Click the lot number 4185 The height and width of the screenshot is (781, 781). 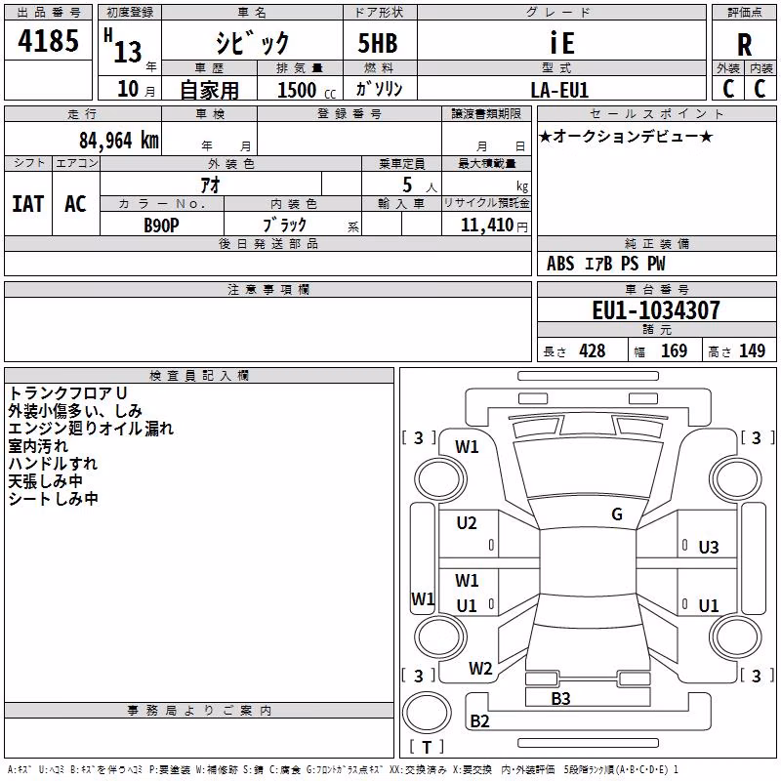[x=48, y=41]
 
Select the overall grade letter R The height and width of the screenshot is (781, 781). [x=744, y=45]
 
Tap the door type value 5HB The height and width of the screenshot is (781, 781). [x=378, y=43]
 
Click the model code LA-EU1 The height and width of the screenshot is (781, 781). [x=559, y=90]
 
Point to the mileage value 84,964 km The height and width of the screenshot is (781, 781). [x=119, y=141]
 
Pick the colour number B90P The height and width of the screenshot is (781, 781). [x=161, y=226]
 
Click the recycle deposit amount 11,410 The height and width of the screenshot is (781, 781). [x=486, y=225]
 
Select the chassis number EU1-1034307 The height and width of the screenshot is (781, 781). [x=656, y=310]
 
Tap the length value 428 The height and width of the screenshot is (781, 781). [x=593, y=350]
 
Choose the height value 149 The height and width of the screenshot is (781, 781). [x=752, y=350]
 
